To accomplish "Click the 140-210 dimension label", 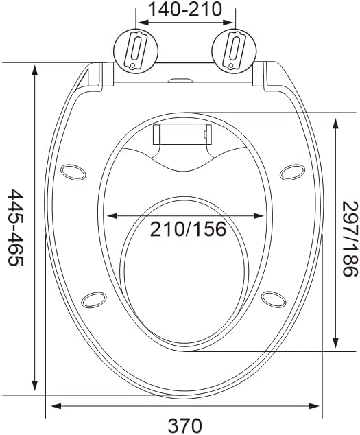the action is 185,9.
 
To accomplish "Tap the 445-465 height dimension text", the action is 16,228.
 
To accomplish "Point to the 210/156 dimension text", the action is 188,229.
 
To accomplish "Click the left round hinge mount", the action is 136,51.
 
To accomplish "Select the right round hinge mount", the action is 234,51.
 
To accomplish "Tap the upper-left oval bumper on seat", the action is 73,172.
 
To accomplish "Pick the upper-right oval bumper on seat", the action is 292,172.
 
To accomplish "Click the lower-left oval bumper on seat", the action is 94,300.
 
